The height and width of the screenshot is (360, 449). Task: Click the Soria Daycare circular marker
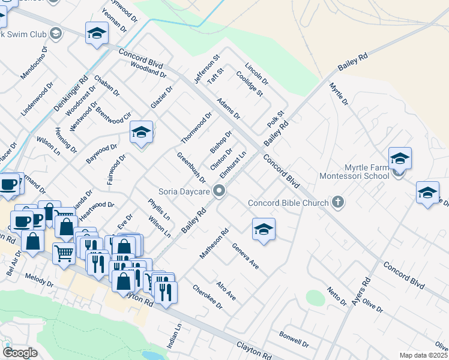[x=220, y=191]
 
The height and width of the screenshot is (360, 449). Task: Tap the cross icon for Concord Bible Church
[x=338, y=202]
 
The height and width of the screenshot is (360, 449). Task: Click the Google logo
[x=20, y=353]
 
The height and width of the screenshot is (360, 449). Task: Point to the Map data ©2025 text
[x=423, y=355]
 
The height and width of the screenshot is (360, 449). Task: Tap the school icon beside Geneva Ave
[x=263, y=230]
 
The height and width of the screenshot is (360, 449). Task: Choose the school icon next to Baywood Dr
[x=141, y=133]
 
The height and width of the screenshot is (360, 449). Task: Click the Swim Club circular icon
[x=56, y=33]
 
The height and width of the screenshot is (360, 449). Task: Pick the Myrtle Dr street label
[x=339, y=95]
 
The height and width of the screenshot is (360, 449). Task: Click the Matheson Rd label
[x=215, y=243]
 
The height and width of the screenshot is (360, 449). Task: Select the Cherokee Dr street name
[x=208, y=297]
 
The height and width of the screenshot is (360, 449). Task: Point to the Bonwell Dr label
[x=294, y=340]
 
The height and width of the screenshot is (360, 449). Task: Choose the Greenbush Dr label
[x=191, y=168]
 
